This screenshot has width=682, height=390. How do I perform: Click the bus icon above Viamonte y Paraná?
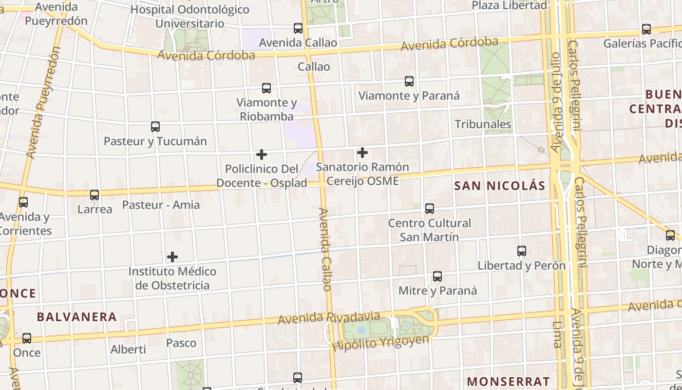point(409,81)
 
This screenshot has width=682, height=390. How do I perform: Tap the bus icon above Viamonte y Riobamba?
point(266,88)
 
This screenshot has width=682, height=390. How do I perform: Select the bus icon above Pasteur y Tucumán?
point(155,127)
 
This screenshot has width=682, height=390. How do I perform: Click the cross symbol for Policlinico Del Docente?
point(262,155)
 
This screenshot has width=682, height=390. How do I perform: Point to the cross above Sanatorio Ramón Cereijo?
point(362,153)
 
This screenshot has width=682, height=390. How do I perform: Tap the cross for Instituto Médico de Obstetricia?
point(172,257)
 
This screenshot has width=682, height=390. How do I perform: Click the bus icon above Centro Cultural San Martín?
point(430,209)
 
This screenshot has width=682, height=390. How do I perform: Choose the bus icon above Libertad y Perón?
point(522,251)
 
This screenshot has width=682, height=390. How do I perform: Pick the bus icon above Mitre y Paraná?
point(437,276)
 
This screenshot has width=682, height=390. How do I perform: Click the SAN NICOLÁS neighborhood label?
point(500,186)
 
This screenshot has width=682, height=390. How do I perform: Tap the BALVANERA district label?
point(77,317)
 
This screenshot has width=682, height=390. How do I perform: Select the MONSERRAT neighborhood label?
point(509,381)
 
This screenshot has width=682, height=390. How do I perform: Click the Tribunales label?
point(483,124)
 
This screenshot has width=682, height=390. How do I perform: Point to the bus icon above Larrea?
point(95,195)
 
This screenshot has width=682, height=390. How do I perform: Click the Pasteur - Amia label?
point(161,205)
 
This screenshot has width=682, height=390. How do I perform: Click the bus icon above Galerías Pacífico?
point(646,29)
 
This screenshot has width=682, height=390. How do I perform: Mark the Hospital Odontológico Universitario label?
point(190,16)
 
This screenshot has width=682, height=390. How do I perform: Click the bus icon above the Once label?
point(27,338)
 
